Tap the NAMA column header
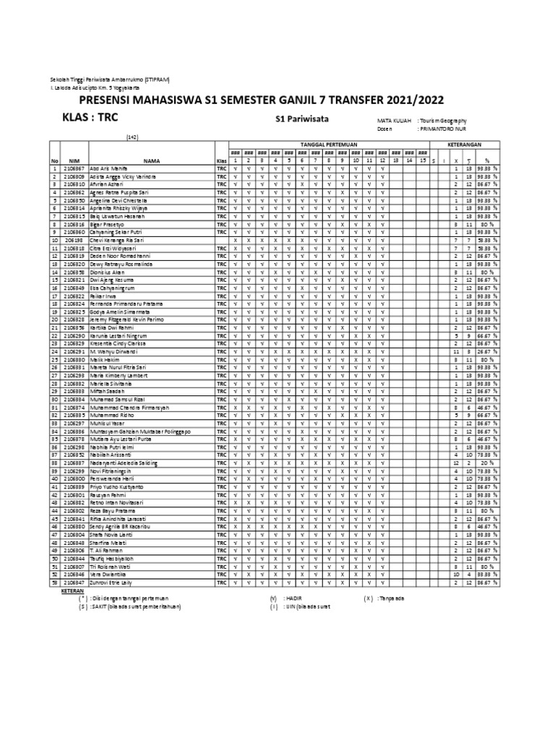point(151,161)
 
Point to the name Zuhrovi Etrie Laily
point(112,581)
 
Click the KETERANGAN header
point(466,145)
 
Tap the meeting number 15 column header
point(423,161)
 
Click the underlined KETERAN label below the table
point(73,590)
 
